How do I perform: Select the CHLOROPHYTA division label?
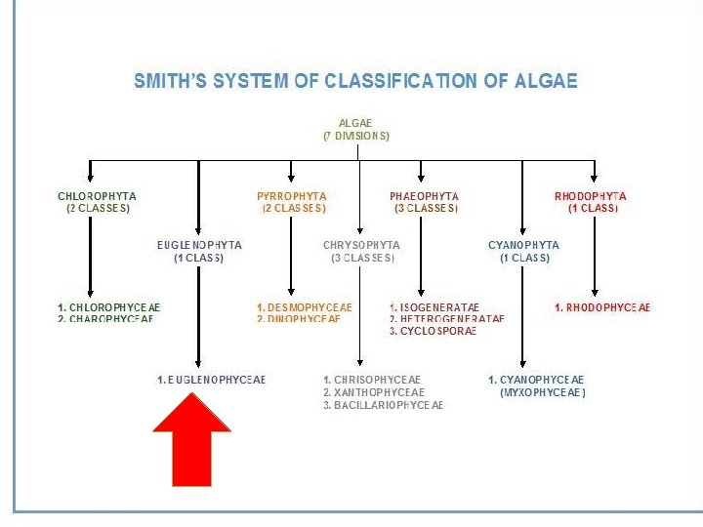(x=97, y=197)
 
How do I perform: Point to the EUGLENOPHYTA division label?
(x=199, y=246)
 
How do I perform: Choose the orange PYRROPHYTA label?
(x=291, y=197)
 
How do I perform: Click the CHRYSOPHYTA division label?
(x=361, y=246)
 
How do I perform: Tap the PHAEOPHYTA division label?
(x=424, y=197)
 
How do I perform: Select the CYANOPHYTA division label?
(x=523, y=246)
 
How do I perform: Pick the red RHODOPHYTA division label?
(x=592, y=197)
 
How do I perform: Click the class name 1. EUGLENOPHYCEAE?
(x=211, y=380)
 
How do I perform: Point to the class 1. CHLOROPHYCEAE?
(x=108, y=307)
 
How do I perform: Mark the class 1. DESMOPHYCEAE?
(x=304, y=307)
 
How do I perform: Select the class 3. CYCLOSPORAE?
(x=433, y=332)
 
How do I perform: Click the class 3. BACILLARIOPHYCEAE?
(x=383, y=405)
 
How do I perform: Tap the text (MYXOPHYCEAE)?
(x=543, y=392)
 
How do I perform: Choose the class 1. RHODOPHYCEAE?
(x=601, y=307)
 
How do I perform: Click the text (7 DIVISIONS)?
(x=356, y=137)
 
